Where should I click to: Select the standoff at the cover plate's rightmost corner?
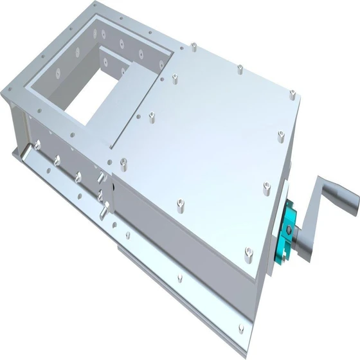(x=281, y=136)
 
